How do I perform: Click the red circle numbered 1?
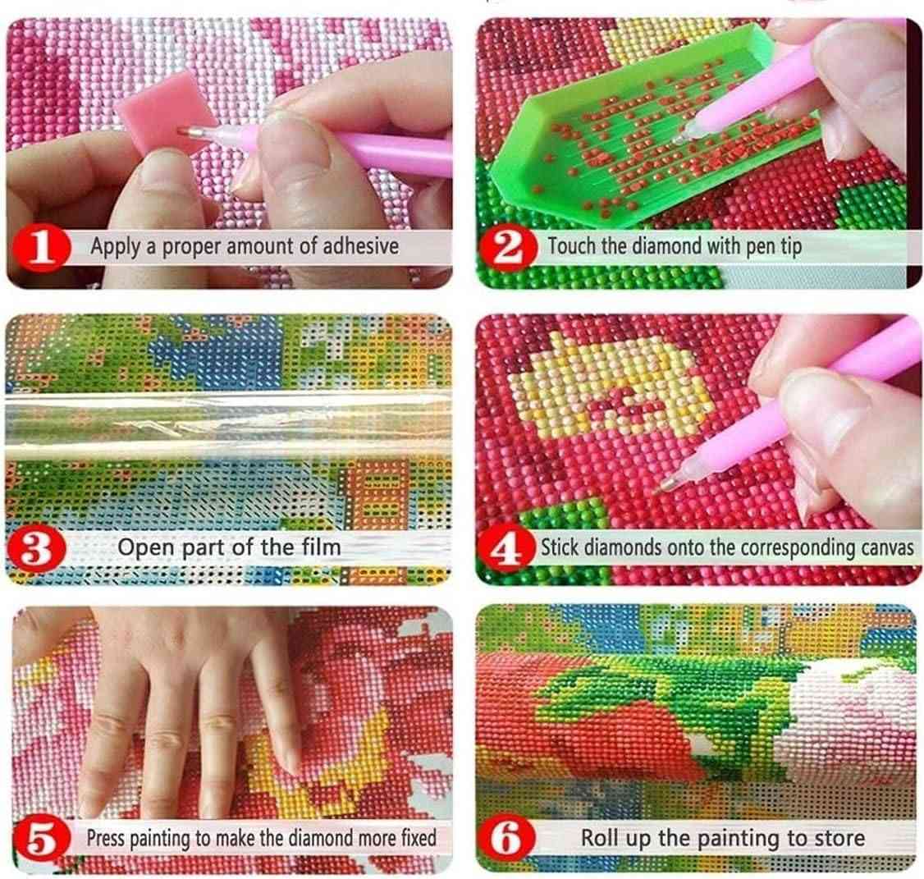click(x=40, y=248)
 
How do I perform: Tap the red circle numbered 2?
click(x=507, y=248)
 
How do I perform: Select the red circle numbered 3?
click(x=37, y=549)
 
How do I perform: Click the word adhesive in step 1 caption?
click(x=360, y=246)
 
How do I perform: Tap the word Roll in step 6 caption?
click(x=602, y=838)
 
